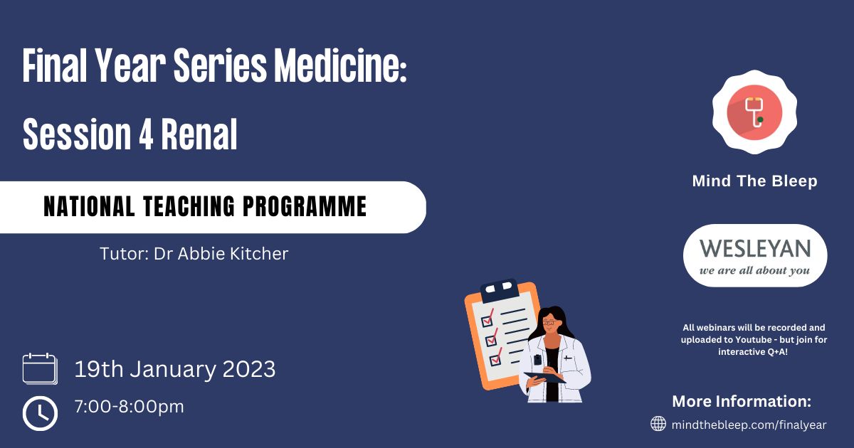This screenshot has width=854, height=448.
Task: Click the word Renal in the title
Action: pyautogui.click(x=199, y=134)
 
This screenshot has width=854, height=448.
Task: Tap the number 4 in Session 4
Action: pyautogui.click(x=146, y=134)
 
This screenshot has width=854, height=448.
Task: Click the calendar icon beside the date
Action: pyautogui.click(x=40, y=369)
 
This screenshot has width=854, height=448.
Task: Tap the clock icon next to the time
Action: pyautogui.click(x=40, y=413)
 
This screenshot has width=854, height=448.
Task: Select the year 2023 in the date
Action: pyautogui.click(x=249, y=369)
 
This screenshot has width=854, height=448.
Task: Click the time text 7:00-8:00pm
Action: pyautogui.click(x=130, y=407)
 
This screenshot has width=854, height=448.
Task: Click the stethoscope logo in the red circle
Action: pyautogui.click(x=754, y=112)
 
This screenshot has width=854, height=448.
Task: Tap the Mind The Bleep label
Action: pyautogui.click(x=754, y=181)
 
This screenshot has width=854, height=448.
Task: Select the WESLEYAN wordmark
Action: pyautogui.click(x=755, y=248)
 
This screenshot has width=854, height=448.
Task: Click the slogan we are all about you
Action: pyautogui.click(x=754, y=270)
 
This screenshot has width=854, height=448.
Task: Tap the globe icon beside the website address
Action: pyautogui.click(x=658, y=424)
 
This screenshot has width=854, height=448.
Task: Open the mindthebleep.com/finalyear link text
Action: pyautogui.click(x=749, y=425)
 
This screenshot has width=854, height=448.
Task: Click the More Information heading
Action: pyautogui.click(x=742, y=402)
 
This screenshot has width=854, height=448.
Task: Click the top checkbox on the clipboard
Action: pyautogui.click(x=487, y=321)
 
